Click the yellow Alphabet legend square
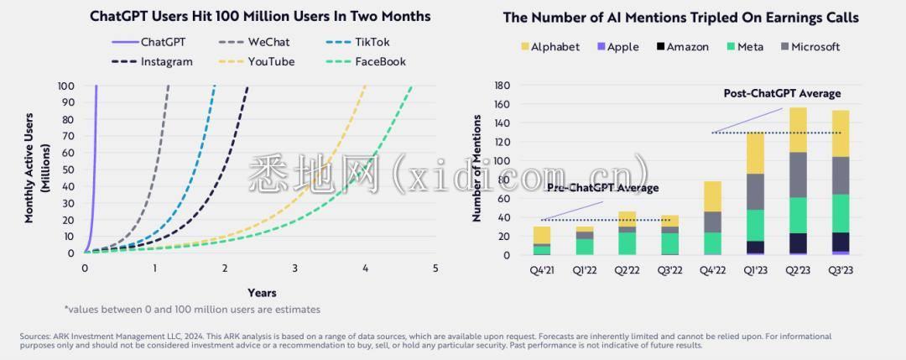click(x=524, y=47)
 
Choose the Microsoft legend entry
click(x=809, y=47)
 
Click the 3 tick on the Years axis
click(x=294, y=268)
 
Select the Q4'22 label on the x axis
click(x=712, y=270)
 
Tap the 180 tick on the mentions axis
click(x=503, y=85)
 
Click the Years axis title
click(x=262, y=292)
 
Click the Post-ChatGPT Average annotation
click(x=782, y=93)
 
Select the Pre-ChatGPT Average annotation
click(x=602, y=187)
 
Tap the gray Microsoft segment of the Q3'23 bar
click(x=841, y=175)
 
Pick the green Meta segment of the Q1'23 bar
click(x=755, y=225)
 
